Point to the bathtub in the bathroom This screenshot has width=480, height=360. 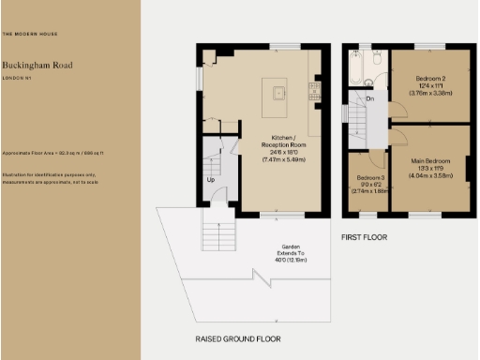click(357, 67)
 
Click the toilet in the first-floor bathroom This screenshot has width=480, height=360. click(375, 61)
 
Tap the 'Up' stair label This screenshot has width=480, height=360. click(211, 178)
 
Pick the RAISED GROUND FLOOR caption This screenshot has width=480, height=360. click(237, 337)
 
